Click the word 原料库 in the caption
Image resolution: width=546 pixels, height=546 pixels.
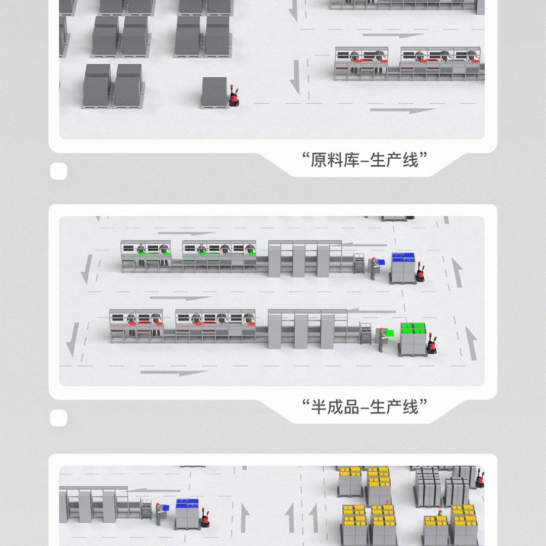tap(335, 161)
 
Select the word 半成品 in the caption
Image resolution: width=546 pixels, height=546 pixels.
tap(335, 406)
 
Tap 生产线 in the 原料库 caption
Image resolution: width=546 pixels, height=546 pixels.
tap(394, 161)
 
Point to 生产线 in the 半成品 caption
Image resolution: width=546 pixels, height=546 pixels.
tap(394, 406)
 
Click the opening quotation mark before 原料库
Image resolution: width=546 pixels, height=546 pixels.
tap(306, 156)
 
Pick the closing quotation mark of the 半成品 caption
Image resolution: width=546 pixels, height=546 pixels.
tap(423, 402)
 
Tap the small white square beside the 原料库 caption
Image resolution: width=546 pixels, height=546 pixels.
tap(59, 171)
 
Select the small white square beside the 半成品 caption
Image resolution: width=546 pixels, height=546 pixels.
tap(59, 418)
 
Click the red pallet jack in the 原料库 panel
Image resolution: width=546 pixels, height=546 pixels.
tap(234, 96)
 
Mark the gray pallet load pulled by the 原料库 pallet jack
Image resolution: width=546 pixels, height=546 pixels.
tap(214, 93)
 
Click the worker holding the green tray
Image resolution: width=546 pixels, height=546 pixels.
tap(383, 339)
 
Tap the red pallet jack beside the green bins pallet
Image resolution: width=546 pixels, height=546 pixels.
tap(432, 344)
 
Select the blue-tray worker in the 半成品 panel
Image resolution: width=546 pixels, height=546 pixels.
tap(375, 268)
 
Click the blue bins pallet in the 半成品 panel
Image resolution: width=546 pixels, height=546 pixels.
tap(404, 268)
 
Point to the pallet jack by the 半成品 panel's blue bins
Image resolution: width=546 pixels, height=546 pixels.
tap(420, 271)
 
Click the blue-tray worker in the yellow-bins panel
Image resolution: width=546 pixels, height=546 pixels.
tap(161, 514)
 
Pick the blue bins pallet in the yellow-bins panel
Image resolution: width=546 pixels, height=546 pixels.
tap(188, 514)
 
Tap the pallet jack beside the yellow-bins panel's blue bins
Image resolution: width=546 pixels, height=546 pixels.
tap(205, 518)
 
